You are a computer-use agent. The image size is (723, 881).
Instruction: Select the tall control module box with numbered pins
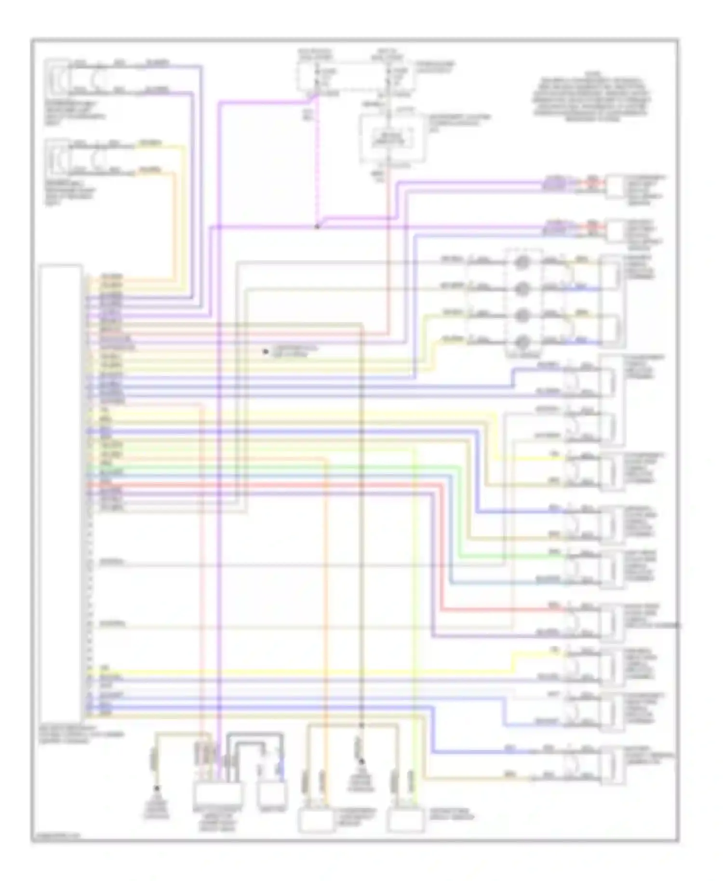(x=61, y=492)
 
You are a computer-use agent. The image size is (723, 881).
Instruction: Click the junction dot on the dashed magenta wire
(x=317, y=227)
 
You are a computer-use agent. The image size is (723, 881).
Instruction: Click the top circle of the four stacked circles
(x=523, y=263)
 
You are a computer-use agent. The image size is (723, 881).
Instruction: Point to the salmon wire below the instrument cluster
(x=388, y=251)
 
